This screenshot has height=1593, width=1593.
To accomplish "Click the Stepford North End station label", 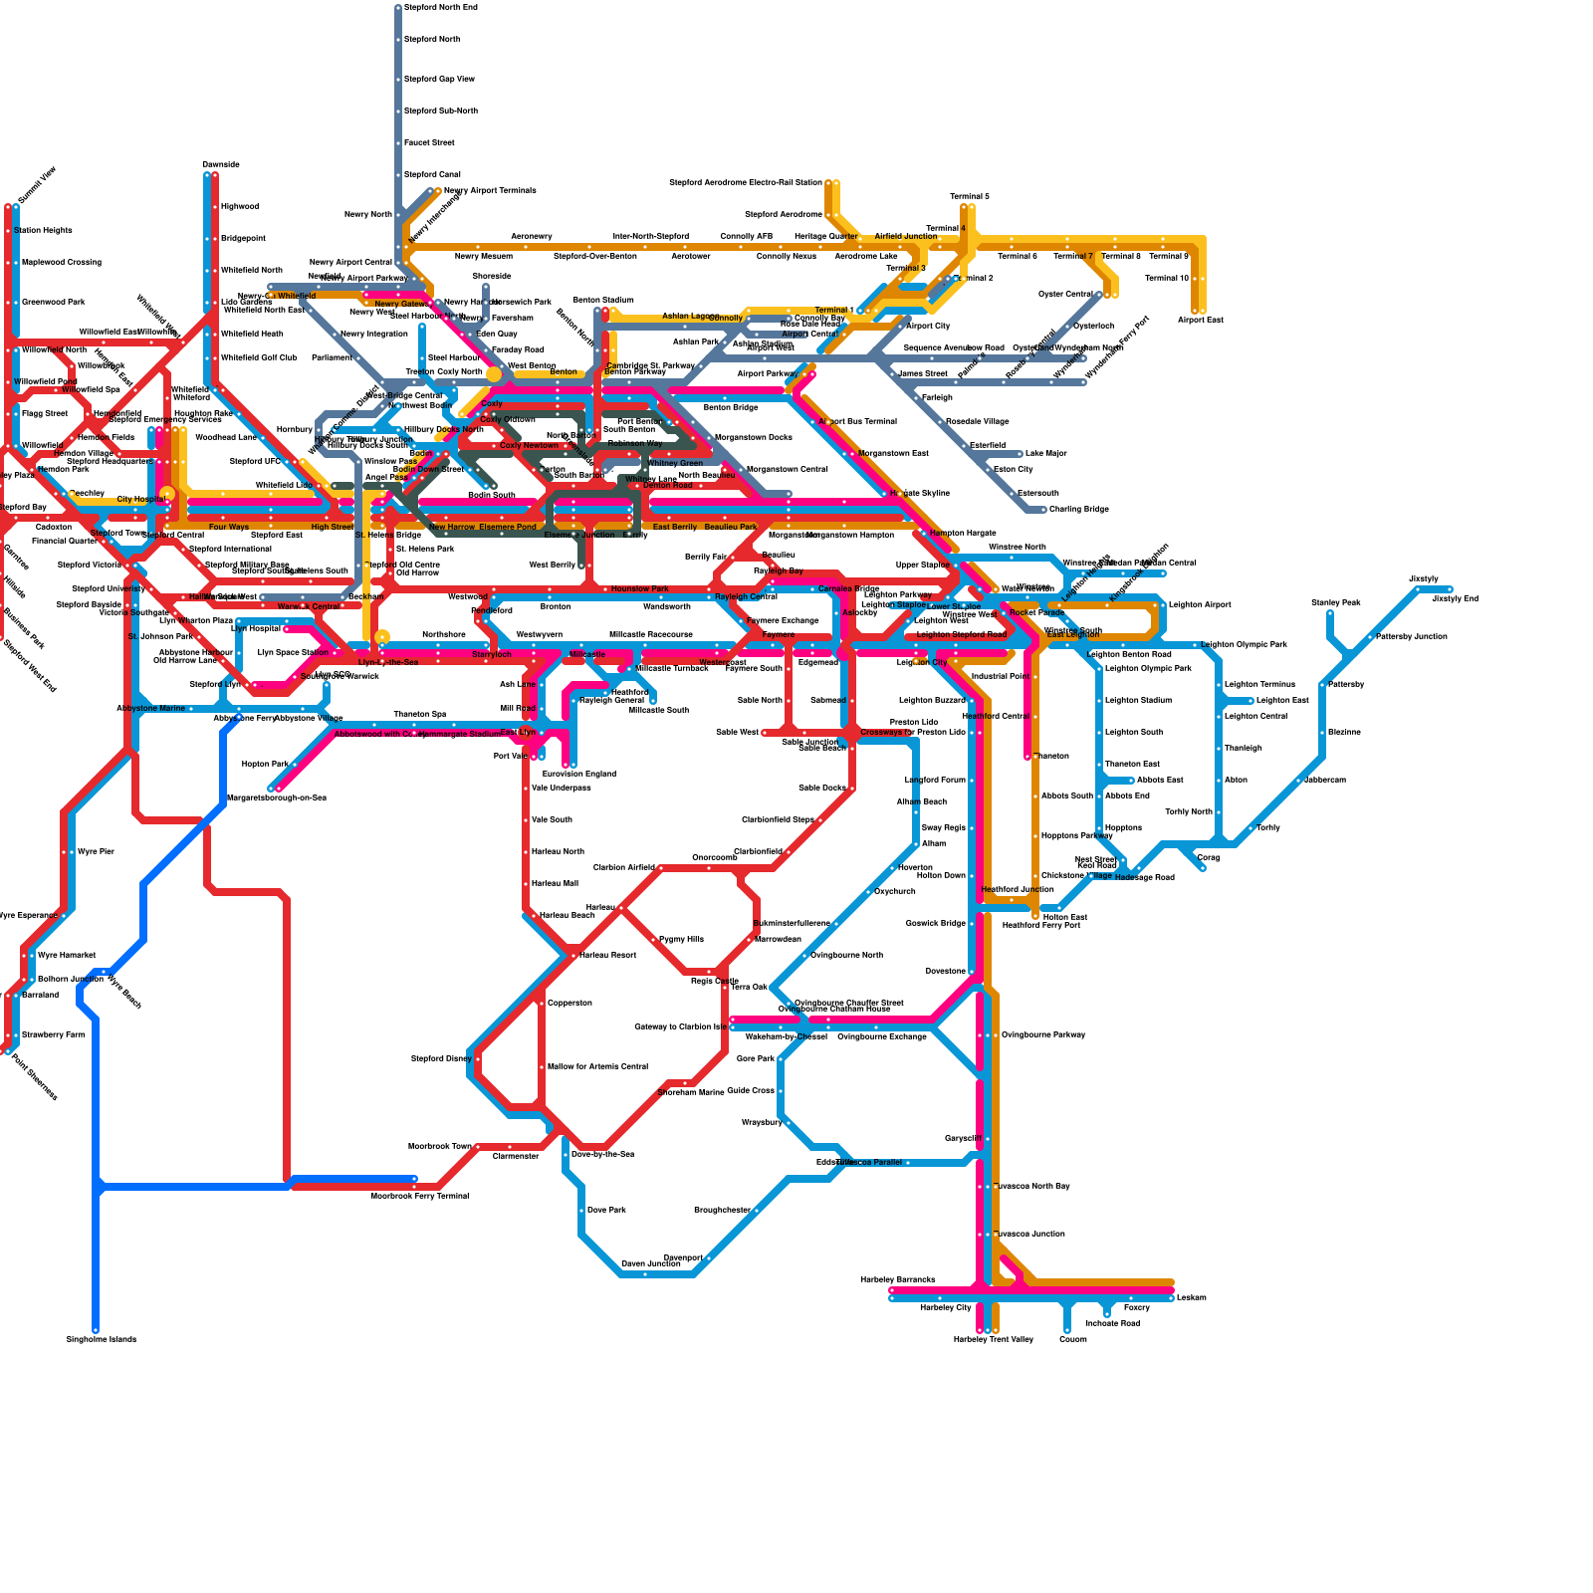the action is tap(440, 7).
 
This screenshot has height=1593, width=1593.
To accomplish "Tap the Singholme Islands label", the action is tap(101, 1339).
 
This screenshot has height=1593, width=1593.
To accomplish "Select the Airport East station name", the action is tap(1200, 320).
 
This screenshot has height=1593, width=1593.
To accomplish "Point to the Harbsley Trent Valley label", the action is tap(993, 1339).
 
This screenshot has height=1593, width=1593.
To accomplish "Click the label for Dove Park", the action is tap(606, 1210).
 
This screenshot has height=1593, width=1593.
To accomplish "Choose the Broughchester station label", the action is tap(722, 1210).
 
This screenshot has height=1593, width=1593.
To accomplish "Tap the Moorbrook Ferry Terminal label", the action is tap(419, 1196).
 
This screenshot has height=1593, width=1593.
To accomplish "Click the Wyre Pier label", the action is tap(96, 851).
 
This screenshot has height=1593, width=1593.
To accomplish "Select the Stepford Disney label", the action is tap(441, 1058).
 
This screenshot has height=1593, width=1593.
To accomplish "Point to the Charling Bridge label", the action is tap(1078, 509).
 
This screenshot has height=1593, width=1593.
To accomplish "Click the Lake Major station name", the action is tap(1045, 453).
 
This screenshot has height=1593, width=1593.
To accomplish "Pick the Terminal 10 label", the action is tap(1167, 278).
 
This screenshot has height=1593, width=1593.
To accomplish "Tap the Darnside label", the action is tap(220, 164).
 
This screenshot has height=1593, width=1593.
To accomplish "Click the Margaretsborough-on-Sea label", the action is tap(277, 797).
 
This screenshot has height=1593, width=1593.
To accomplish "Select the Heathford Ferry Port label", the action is tap(1040, 925).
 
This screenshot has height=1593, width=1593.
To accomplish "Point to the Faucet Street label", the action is tap(429, 142).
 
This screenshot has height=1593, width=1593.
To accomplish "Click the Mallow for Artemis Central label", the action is tap(597, 1066).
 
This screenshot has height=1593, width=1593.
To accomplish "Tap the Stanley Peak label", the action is tap(1335, 602).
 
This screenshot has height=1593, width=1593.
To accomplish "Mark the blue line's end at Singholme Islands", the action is tap(96, 1329).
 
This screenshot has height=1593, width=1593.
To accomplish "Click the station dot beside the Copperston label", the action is tap(542, 1003).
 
